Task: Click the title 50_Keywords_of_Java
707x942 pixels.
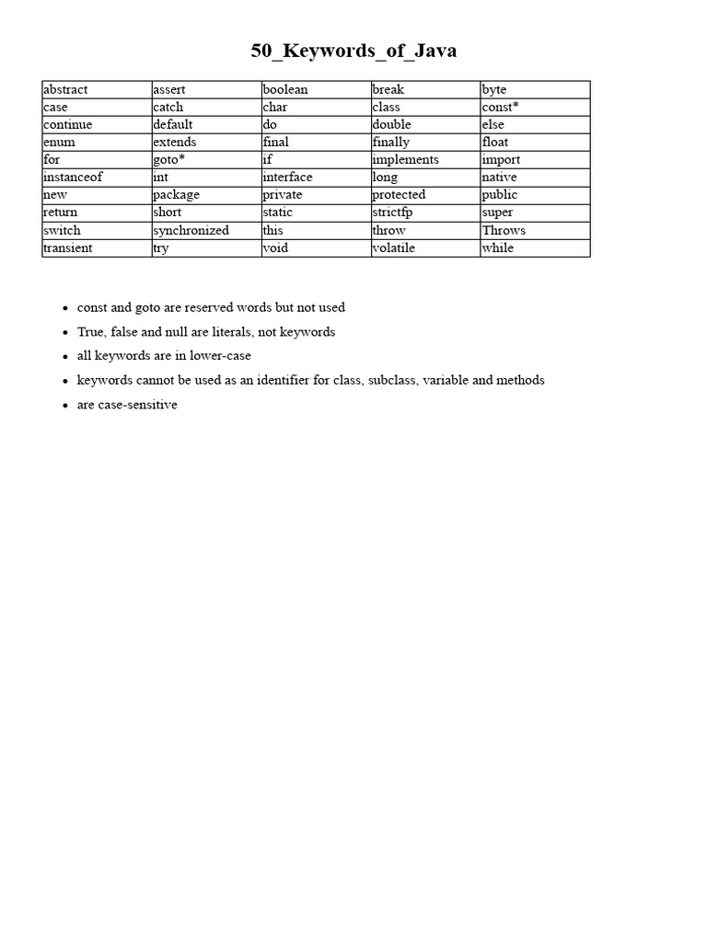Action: click(353, 52)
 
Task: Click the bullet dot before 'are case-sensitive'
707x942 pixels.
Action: click(65, 406)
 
